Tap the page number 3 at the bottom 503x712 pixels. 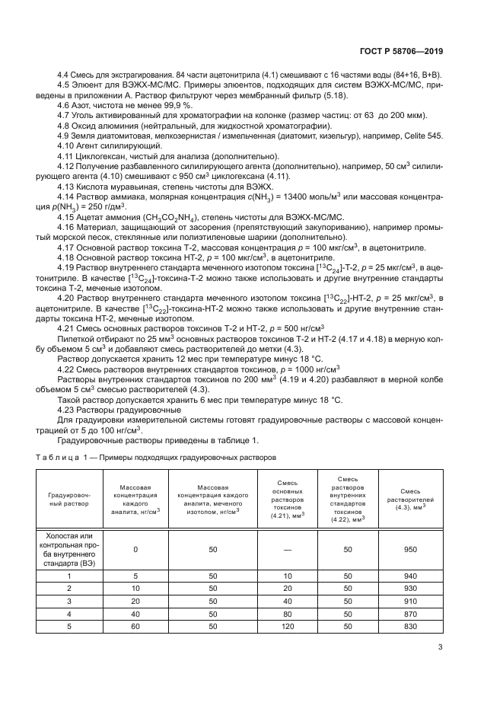440,647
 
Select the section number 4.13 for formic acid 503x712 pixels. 68,186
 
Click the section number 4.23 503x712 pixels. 68,409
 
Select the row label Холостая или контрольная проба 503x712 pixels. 70,549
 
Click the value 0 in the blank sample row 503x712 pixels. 135,549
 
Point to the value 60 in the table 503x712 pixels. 135,625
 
